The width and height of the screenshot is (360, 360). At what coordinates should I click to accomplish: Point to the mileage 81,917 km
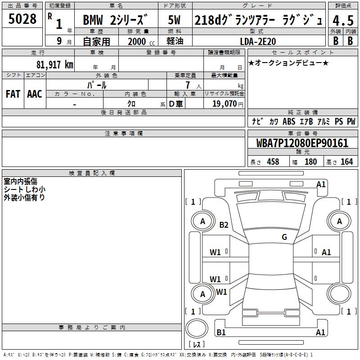[x=54, y=64]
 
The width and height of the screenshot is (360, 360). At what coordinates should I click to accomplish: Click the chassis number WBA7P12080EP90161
[x=302, y=143]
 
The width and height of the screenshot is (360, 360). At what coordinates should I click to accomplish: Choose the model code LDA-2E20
[x=258, y=41]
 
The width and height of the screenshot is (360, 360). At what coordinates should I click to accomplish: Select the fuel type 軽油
[x=175, y=41]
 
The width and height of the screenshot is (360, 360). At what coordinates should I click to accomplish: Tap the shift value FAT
[x=13, y=94]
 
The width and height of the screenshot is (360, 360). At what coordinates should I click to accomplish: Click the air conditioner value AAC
[x=35, y=94]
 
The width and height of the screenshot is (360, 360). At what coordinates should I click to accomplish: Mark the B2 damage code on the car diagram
[x=224, y=225]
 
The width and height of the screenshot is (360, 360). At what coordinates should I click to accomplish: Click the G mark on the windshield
[x=284, y=237]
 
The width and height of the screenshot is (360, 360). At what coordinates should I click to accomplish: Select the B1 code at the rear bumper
[x=221, y=333]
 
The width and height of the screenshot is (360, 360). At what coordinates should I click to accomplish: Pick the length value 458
[x=273, y=162]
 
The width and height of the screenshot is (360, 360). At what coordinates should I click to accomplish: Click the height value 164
[x=346, y=162]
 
